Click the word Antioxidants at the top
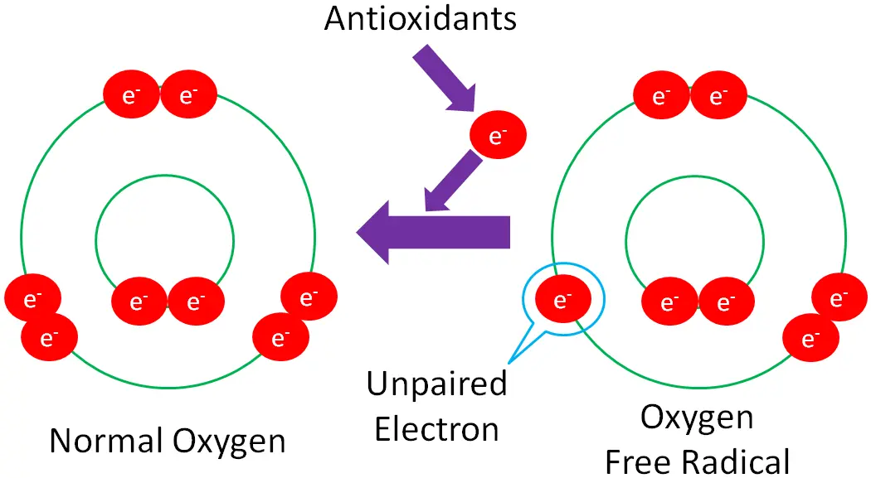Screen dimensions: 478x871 pyautogui.click(x=420, y=18)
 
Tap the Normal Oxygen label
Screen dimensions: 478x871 pyautogui.click(x=167, y=441)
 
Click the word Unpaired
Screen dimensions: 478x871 pyautogui.click(x=436, y=384)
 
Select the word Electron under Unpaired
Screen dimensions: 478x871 pyautogui.click(x=436, y=429)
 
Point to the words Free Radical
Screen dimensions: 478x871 pyautogui.click(x=697, y=460)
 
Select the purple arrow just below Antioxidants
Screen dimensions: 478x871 pyautogui.click(x=444, y=78)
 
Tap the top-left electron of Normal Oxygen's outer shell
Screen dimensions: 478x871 pyautogui.click(x=130, y=95)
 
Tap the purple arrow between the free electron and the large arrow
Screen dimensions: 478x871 pyautogui.click(x=452, y=183)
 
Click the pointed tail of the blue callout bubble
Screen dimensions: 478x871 pyautogui.click(x=512, y=360)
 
